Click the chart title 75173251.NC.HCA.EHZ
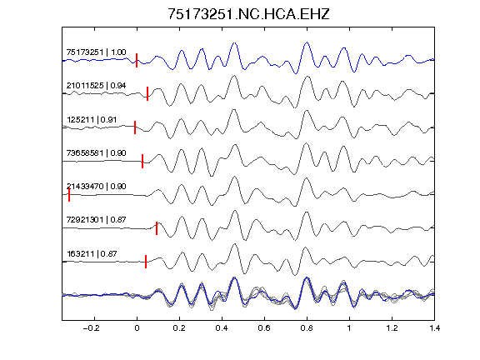click(x=248, y=14)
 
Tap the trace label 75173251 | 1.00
click(x=96, y=52)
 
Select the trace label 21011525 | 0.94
click(x=96, y=85)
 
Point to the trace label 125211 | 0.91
click(x=92, y=120)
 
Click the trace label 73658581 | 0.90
click(x=96, y=153)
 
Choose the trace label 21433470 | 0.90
click(x=96, y=187)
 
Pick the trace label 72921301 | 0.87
click(x=96, y=220)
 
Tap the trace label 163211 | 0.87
click(x=92, y=254)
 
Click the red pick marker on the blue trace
click(x=137, y=60)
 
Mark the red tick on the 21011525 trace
click(x=147, y=93)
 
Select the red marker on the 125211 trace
click(x=135, y=127)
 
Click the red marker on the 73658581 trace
click(x=142, y=162)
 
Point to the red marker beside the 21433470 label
click(x=69, y=195)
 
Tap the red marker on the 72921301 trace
click(x=157, y=228)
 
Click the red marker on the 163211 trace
click(x=146, y=262)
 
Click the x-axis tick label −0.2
click(x=92, y=328)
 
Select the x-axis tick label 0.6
click(x=264, y=328)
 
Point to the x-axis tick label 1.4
click(x=434, y=328)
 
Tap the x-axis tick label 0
click(x=137, y=328)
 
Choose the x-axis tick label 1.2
click(x=392, y=328)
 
